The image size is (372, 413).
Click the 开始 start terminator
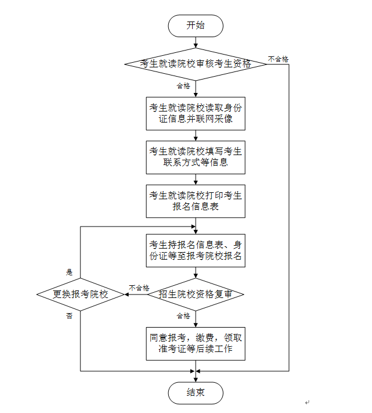pyautogui.click(x=196, y=25)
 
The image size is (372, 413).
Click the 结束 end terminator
pyautogui.click(x=196, y=393)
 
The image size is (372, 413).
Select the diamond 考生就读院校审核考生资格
pyautogui.click(x=196, y=64)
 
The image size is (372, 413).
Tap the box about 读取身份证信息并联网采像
pyautogui.click(x=196, y=113)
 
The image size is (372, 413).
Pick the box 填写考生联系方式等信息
pyautogui.click(x=196, y=157)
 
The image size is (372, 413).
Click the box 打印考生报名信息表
pyautogui.click(x=196, y=201)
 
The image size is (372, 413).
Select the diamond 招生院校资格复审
pyautogui.click(x=196, y=295)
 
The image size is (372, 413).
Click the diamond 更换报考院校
pyautogui.click(x=80, y=295)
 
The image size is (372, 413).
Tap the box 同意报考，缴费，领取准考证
pyautogui.click(x=196, y=343)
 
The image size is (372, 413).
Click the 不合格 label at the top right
pyautogui.click(x=278, y=59)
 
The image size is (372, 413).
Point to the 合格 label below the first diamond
pyautogui.click(x=183, y=86)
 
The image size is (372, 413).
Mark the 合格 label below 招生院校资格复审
pyautogui.click(x=183, y=316)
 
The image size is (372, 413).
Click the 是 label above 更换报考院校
pyautogui.click(x=69, y=272)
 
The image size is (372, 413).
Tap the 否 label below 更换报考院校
pyautogui.click(x=69, y=315)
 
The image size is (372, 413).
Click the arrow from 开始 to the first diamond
pyautogui.click(x=196, y=41)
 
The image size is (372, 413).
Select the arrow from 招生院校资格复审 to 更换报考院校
pyautogui.click(x=135, y=295)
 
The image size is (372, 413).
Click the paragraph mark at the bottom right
pyautogui.click(x=307, y=401)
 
